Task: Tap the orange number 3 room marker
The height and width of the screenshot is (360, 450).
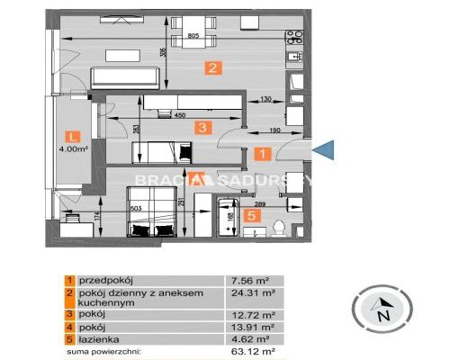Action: pos(204,129)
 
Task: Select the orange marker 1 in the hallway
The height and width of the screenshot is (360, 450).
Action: pos(261,154)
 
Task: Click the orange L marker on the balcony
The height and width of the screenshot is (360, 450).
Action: pos(73,136)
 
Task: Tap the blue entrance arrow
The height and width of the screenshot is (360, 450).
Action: pos(324,153)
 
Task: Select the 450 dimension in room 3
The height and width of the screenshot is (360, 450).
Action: pos(179,114)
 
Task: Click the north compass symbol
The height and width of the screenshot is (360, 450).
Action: pos(383,311)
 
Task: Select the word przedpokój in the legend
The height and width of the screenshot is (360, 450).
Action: pos(102,280)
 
